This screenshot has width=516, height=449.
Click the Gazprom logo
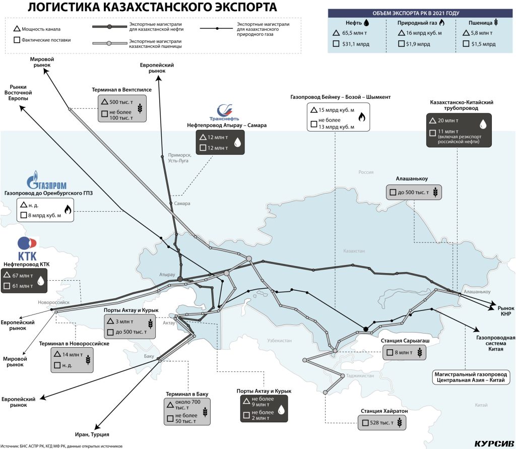(46, 180)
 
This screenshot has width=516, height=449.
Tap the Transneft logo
(224, 113)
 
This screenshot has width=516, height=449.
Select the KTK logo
(27, 249)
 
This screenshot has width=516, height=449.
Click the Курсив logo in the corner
(494, 443)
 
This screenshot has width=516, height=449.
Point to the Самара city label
(182, 204)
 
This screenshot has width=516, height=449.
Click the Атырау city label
(167, 275)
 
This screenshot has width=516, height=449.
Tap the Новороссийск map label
(53, 302)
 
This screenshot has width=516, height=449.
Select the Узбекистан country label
(279, 340)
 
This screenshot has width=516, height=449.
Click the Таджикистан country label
(360, 375)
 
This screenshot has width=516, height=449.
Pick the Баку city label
(149, 356)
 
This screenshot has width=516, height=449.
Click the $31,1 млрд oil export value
(356, 44)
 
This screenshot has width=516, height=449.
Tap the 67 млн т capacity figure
(23, 276)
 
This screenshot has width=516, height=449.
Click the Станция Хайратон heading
(384, 411)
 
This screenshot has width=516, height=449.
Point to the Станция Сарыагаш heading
(405, 341)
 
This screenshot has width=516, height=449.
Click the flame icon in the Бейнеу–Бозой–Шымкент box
(362, 116)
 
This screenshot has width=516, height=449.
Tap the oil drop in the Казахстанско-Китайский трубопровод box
(483, 124)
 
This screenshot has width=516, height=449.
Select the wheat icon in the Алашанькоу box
(435, 192)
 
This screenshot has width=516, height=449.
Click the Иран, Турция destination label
(92, 434)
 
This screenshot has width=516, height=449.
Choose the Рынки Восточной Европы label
(18, 93)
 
